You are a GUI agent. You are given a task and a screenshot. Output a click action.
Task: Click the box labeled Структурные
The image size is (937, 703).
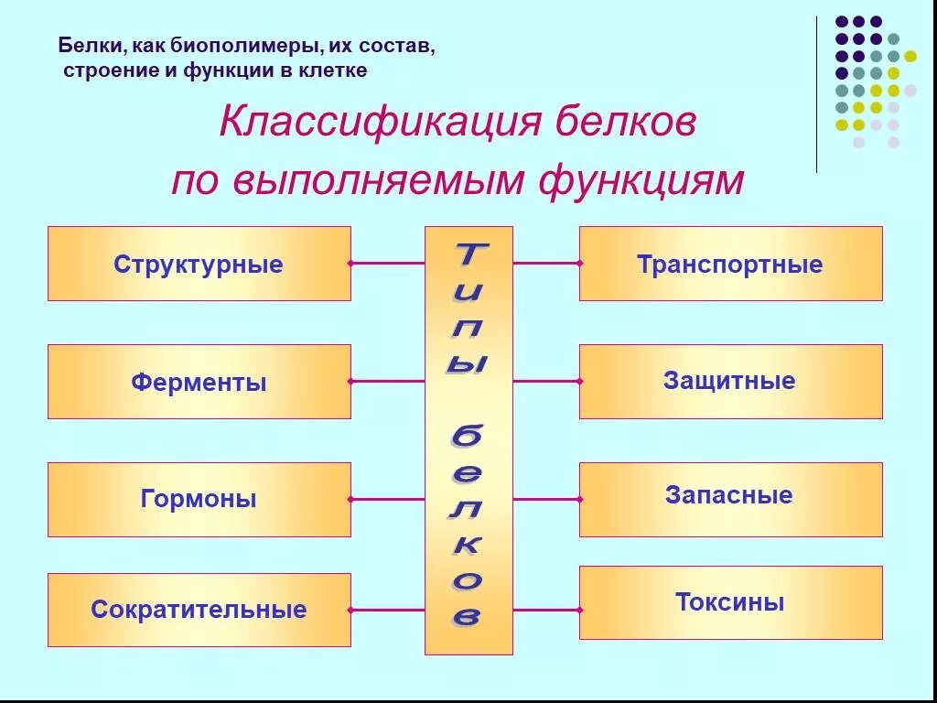click(199, 264)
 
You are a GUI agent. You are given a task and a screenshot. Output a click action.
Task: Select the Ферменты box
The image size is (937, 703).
click(199, 381)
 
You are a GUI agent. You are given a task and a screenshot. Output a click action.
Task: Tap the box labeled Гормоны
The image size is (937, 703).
click(199, 499)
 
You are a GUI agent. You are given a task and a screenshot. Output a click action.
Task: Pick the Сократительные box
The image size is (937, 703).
click(199, 610)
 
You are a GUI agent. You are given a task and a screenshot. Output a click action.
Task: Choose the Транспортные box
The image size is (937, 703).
click(730, 264)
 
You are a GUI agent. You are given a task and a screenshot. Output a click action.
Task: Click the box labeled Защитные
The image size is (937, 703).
click(730, 381)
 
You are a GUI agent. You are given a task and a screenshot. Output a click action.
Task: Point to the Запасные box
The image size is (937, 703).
click(730, 499)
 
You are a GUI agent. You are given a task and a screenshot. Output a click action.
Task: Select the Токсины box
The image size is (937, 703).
click(730, 602)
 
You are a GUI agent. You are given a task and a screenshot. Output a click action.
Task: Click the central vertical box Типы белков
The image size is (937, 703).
click(468, 439)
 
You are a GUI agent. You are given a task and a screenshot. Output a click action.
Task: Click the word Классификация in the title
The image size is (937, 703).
click(374, 124)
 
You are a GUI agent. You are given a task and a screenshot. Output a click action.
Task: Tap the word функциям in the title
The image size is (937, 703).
click(641, 180)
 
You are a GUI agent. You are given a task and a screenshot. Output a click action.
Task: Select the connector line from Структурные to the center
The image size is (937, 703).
click(388, 264)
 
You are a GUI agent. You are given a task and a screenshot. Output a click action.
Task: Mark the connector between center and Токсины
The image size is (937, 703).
click(546, 610)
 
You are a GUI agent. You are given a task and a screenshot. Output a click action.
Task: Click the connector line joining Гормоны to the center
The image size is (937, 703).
click(388, 499)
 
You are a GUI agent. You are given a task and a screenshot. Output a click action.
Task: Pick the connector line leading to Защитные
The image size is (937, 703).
click(546, 381)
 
